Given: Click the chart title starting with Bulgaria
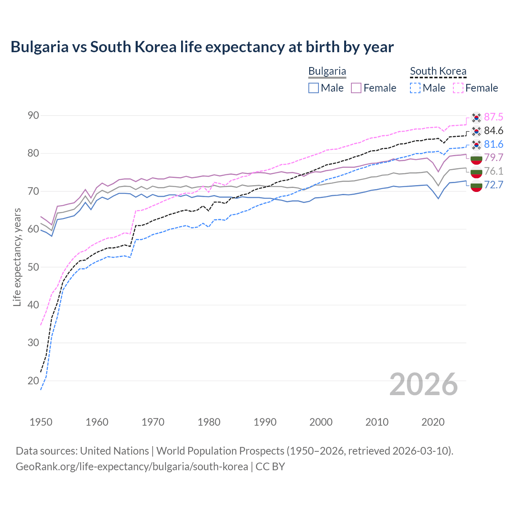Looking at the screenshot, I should point(202,47).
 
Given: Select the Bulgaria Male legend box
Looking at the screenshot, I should point(314,88).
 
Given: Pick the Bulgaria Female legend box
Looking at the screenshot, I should point(356,88).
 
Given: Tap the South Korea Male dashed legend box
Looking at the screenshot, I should point(415,88).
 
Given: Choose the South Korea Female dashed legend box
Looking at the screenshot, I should point(458,88).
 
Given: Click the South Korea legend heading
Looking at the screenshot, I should point(438,71).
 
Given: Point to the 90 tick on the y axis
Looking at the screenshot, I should point(33,116).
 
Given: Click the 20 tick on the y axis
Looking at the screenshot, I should point(33,381).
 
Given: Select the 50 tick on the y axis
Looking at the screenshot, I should point(33,267).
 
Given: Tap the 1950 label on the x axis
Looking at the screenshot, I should point(41,422).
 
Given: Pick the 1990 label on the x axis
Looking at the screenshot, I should point(265,422).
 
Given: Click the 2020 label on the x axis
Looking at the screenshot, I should point(433,422).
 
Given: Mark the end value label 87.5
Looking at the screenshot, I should point(494,117).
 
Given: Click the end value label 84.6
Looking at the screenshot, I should point(494,131).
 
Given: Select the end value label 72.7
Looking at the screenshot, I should point(494,185).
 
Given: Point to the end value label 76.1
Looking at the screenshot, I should point(494,171).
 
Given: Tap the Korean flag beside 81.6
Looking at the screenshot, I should point(476,145).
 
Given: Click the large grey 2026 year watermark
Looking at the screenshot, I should point(424,384).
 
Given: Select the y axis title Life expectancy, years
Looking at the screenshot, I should point(17,257).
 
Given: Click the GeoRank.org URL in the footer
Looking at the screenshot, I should point(132,467).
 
